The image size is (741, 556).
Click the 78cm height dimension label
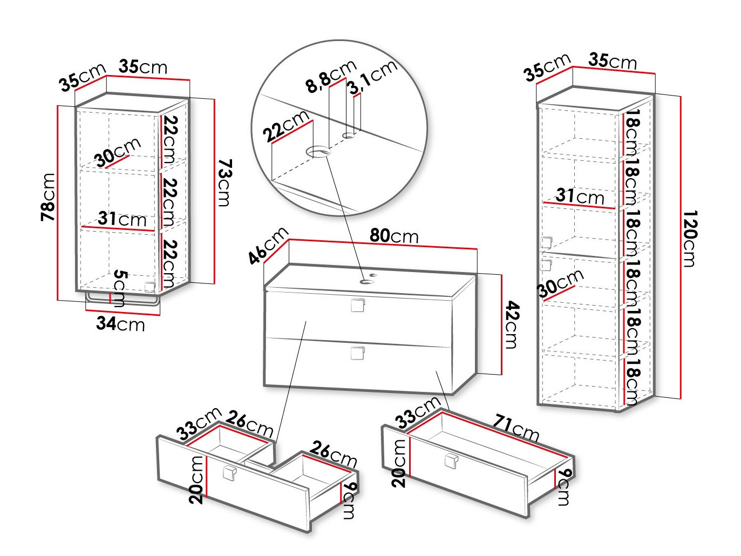pos(49,197)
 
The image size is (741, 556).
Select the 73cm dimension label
pos(223,182)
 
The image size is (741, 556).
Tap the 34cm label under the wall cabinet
pos(120,324)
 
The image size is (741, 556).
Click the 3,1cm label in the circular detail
pos(372,77)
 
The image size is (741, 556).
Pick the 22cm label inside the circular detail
pos(287,126)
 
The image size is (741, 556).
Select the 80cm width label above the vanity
pos(394,236)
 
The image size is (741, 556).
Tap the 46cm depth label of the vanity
pos(268,246)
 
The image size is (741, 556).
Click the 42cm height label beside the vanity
pos(511,325)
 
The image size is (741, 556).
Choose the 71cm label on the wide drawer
pos(516,426)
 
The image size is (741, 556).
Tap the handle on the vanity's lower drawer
pos(357,353)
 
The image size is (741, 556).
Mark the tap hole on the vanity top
pos(369,280)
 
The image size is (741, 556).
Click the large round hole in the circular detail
pos(318,152)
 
